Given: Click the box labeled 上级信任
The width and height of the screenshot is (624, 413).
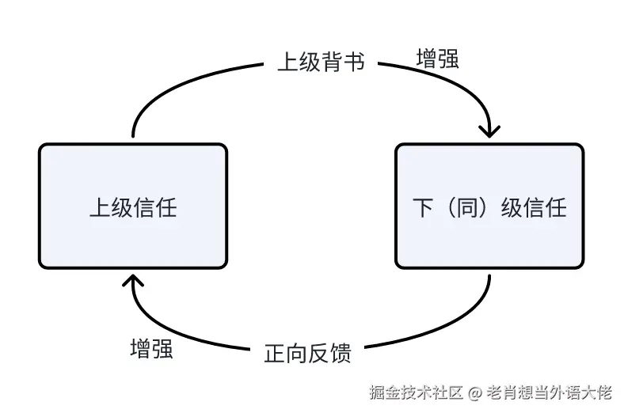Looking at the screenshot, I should click(133, 206).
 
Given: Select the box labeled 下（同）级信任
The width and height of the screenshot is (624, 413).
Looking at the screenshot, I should click(489, 206).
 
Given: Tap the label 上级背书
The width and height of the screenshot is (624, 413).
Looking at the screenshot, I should click(321, 62).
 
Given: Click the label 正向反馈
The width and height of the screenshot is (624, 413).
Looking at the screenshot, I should click(307, 353).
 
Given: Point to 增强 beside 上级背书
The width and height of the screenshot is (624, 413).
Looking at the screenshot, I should click(437, 59).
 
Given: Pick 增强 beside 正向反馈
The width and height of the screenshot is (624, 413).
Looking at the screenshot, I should click(151, 349).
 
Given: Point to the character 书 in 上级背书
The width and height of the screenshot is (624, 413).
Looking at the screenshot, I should click(355, 62).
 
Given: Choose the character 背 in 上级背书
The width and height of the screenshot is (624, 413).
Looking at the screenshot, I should click(332, 62).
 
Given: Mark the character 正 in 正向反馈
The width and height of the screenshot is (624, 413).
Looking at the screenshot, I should click(274, 353).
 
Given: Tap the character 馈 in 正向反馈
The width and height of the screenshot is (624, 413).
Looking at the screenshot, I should click(341, 353).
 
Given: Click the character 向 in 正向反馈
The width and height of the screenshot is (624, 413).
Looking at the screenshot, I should click(296, 353).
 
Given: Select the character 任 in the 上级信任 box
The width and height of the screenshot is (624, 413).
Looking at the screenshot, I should click(166, 208).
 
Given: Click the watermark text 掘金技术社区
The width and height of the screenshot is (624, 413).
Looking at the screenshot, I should click(415, 392).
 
